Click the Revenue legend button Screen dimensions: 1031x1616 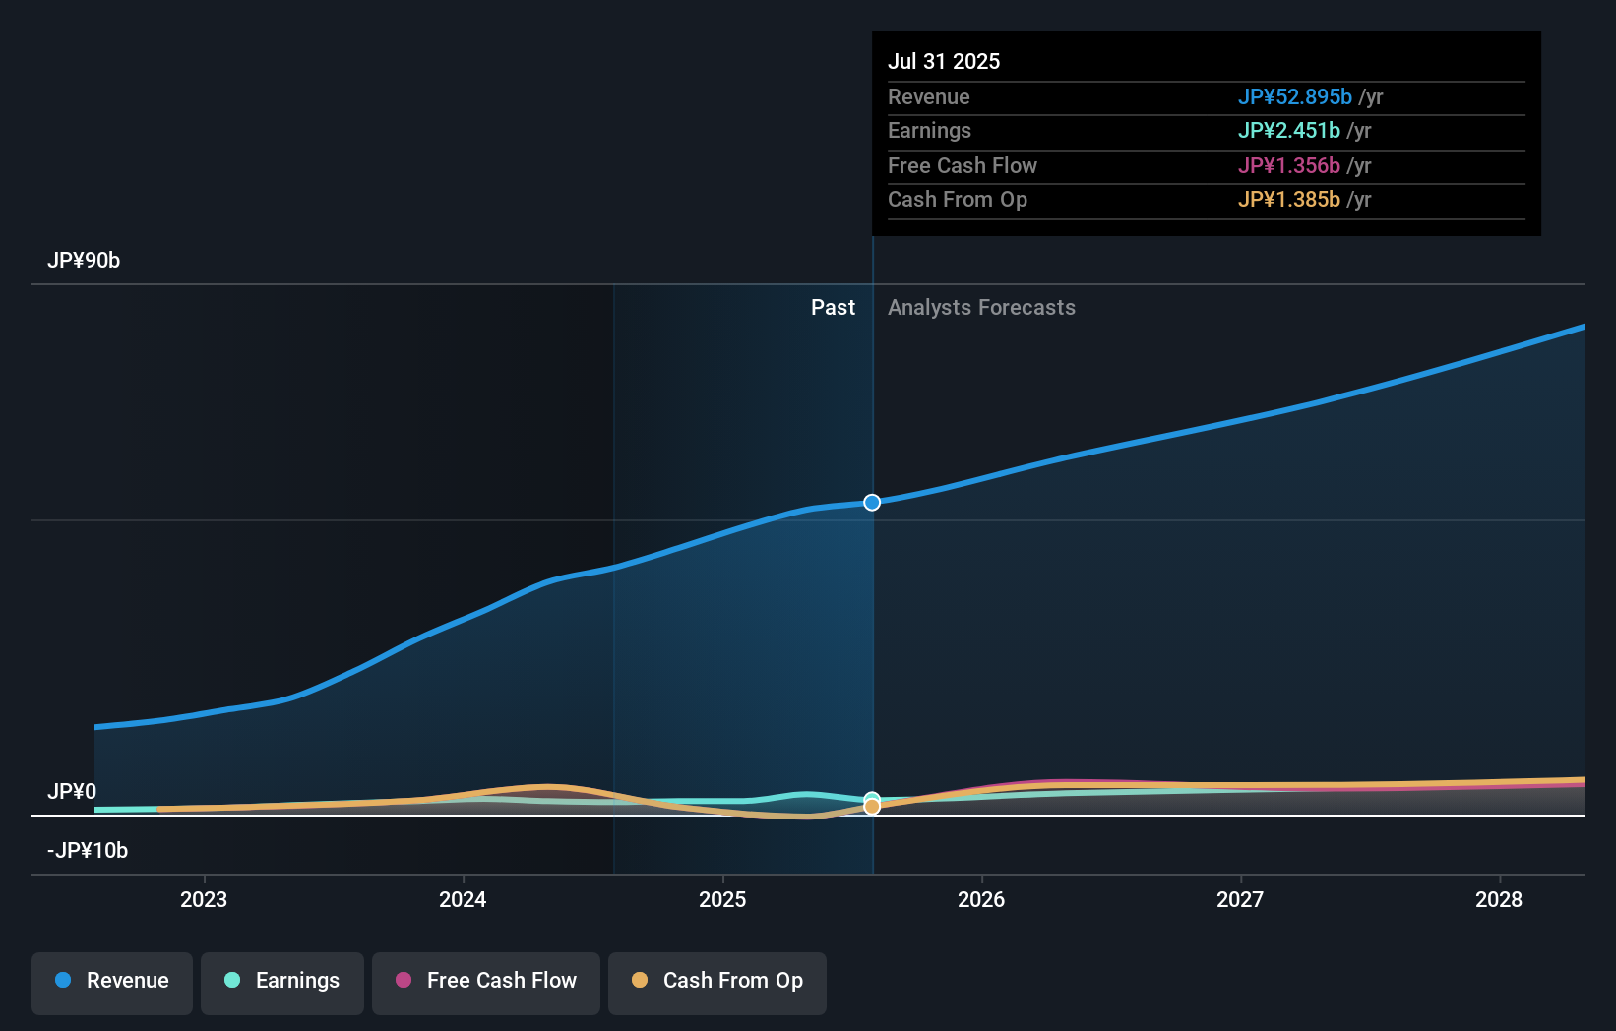click(x=112, y=982)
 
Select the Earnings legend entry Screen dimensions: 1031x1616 click(x=282, y=982)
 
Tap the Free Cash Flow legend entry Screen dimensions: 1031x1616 click(x=486, y=982)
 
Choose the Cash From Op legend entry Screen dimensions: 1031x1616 click(x=717, y=982)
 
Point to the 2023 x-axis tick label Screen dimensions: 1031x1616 click(x=204, y=900)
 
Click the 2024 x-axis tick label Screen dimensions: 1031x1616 click(x=463, y=900)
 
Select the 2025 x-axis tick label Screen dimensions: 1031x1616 click(x=722, y=900)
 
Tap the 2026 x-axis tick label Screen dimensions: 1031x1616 click(x=981, y=900)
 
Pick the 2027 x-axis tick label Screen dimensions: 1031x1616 click(x=1240, y=900)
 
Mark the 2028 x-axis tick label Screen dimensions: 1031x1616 click(x=1499, y=900)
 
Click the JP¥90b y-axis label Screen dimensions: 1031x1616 click(x=84, y=261)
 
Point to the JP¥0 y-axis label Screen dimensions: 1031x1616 click(x=72, y=792)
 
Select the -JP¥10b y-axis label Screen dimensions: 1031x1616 click(x=88, y=851)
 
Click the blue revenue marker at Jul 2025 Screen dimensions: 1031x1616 click(x=872, y=503)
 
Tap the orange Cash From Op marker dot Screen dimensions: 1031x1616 click(x=872, y=807)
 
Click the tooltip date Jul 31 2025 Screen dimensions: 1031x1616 click(x=944, y=62)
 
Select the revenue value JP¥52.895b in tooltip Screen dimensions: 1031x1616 click(x=1294, y=97)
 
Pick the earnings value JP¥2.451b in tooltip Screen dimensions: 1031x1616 click(x=1288, y=131)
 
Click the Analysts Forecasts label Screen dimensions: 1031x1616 click(x=981, y=308)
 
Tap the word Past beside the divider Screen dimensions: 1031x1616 click(x=833, y=308)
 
